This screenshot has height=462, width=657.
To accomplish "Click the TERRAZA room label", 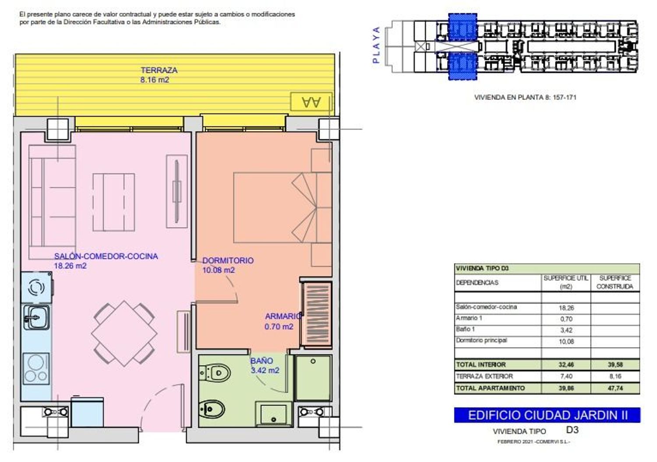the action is tap(159, 70).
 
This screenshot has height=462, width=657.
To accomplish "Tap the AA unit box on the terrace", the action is tap(311, 102).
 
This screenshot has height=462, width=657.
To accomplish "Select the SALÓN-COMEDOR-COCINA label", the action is tap(106, 256).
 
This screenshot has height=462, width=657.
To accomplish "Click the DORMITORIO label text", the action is tap(228, 260).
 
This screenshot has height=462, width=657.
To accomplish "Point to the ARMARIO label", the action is tap(283, 316).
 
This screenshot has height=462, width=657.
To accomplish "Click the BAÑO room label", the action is tap(261, 361).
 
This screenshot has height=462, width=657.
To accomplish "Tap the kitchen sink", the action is tap(36, 317).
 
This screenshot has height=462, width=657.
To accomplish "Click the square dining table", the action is tap(124, 334).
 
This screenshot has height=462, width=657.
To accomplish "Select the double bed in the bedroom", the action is tap(283, 207).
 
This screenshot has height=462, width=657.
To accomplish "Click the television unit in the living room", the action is tap(177, 192).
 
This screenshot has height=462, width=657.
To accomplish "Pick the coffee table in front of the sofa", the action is tap(114, 202).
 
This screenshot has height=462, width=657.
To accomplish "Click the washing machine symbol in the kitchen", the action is tap(37, 288).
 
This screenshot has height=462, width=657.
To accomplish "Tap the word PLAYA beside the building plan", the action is tap(376, 45).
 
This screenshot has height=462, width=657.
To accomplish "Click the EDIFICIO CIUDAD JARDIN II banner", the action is tap(547, 415).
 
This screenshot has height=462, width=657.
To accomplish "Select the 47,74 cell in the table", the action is tap(615, 388).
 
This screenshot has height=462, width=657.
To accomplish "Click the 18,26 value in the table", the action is tap(566, 308).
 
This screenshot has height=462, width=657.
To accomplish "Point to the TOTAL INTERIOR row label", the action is tap(481, 365).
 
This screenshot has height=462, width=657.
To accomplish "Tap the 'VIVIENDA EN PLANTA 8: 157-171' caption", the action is tap(525, 97).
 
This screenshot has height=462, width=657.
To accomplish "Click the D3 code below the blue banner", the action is tap(572, 430).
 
